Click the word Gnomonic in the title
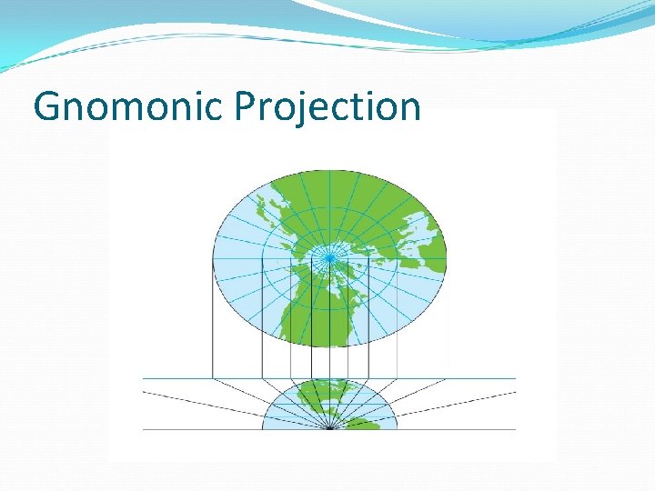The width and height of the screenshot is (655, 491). (x=128, y=107)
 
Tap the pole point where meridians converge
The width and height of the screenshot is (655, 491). (x=329, y=257)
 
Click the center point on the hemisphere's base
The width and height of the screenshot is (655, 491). (x=329, y=429)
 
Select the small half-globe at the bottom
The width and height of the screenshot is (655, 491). (x=329, y=406)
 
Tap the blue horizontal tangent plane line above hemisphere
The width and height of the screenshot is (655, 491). (x=182, y=378)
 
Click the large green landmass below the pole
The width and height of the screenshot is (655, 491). (x=314, y=309)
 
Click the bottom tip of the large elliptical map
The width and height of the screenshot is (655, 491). (x=329, y=346)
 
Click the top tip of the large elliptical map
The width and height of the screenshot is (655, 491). (x=329, y=170)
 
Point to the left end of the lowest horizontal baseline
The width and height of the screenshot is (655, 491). (x=144, y=429)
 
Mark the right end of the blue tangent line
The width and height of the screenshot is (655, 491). (x=515, y=378)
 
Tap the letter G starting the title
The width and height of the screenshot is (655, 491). (x=45, y=107)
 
